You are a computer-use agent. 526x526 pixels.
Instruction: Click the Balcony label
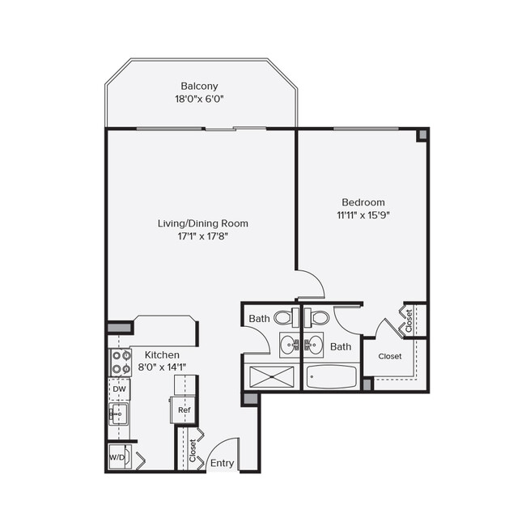[199, 86]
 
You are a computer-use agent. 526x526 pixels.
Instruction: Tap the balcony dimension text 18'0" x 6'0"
[199, 100]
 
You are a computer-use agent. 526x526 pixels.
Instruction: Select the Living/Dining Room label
[202, 223]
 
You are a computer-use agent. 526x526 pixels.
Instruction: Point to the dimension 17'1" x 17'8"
[202, 237]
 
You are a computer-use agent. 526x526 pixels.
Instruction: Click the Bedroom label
[363, 202]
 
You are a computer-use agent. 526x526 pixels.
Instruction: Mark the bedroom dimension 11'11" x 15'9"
[363, 216]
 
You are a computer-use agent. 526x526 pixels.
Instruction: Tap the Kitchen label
[162, 354]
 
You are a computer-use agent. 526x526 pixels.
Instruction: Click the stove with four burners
[120, 363]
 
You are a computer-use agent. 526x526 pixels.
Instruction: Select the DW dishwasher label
[119, 389]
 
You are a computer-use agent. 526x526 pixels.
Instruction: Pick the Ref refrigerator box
[183, 410]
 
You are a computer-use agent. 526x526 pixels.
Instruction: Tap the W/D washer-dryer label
[117, 457]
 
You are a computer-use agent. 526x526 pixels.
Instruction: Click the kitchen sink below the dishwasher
[117, 414]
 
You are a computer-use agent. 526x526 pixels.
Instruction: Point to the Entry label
[222, 464]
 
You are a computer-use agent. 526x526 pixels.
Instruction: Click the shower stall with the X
[272, 377]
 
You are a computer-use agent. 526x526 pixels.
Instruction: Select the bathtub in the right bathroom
[331, 377]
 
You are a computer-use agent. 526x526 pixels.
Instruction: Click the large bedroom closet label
[390, 356]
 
